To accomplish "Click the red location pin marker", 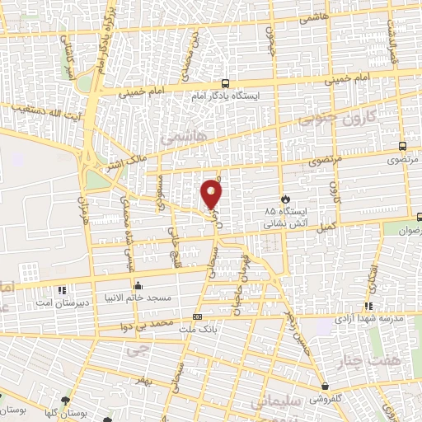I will point(212,194).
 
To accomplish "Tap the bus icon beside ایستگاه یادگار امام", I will point(226,83).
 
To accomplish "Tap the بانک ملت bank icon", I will point(197,316).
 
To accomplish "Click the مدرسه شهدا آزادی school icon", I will point(326,316).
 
